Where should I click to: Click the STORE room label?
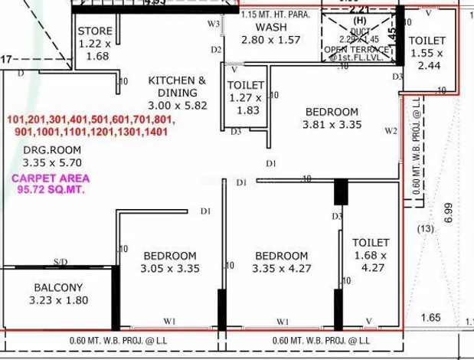(95, 31)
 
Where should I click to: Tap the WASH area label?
(271, 27)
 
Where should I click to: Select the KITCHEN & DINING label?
(177, 86)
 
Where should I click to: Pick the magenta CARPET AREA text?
(51, 178)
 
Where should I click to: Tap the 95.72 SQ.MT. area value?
(51, 189)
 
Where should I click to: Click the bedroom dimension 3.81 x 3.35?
(332, 125)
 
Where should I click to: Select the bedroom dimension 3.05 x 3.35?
(169, 268)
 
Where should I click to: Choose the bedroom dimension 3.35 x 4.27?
(282, 268)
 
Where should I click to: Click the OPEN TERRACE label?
(356, 50)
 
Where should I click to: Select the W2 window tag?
(391, 131)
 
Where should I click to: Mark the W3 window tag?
(214, 25)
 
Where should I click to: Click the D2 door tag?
(216, 50)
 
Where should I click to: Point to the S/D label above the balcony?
(60, 262)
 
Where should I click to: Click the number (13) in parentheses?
(425, 227)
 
